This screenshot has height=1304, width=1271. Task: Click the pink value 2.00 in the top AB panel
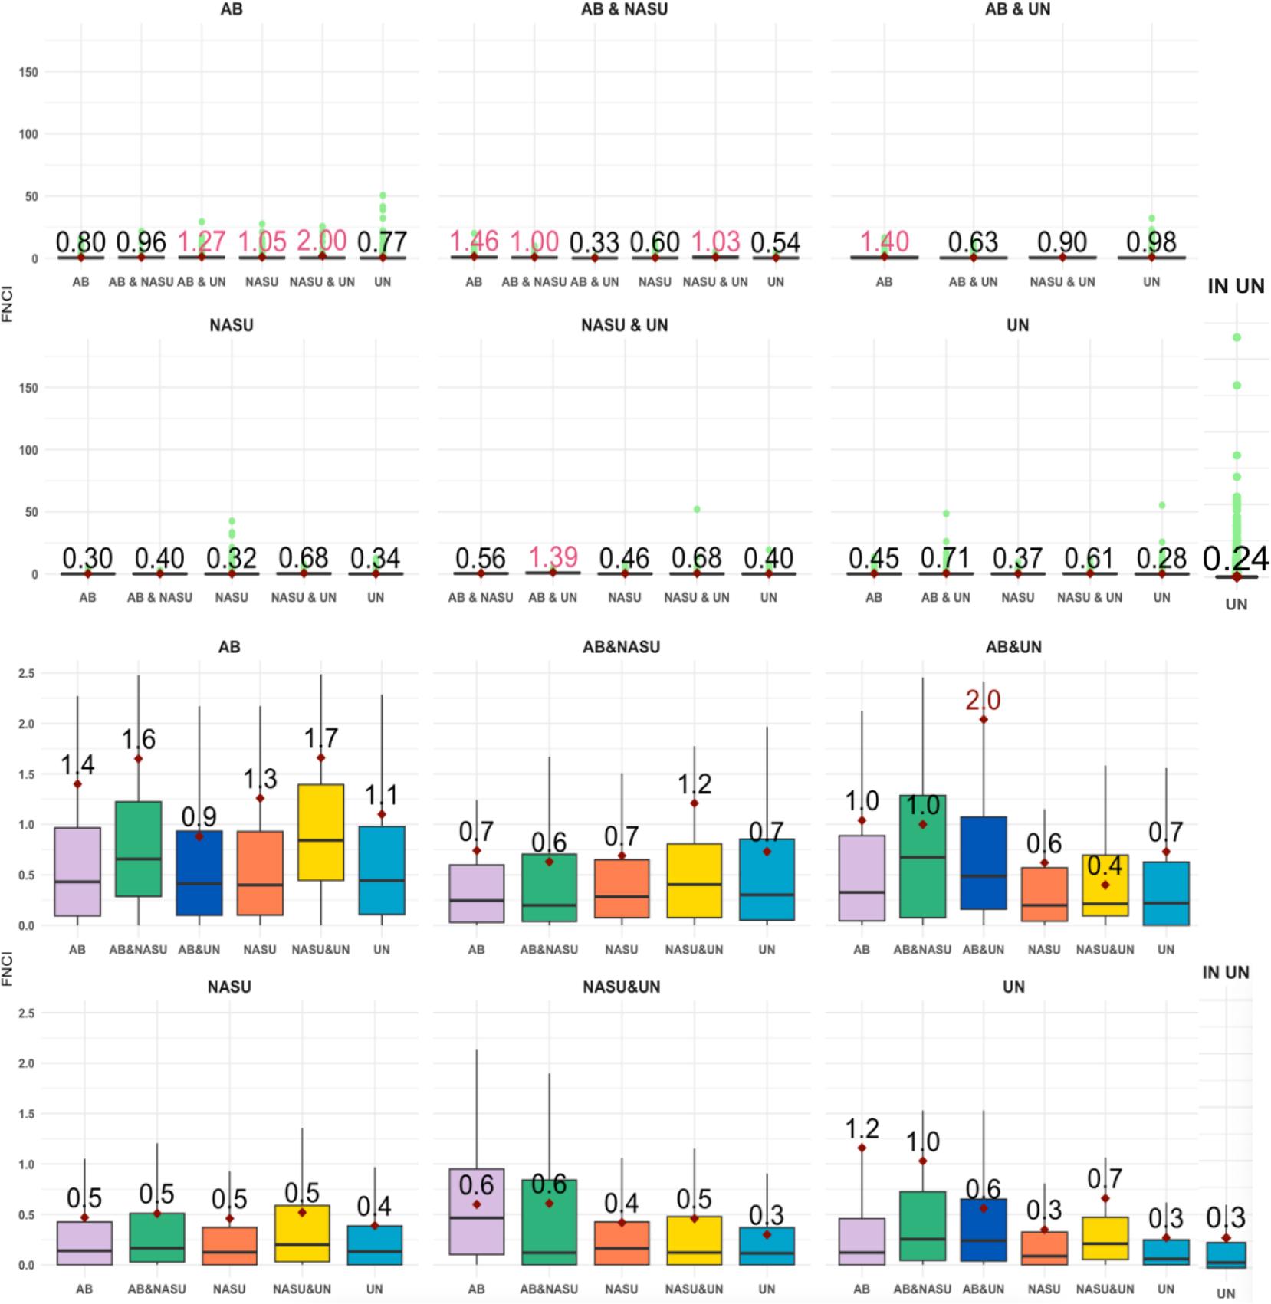[x=322, y=241]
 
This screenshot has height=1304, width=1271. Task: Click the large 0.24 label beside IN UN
[x=1235, y=559]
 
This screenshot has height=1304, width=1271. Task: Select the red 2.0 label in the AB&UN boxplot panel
[x=983, y=700]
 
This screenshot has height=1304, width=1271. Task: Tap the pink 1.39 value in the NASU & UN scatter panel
[x=553, y=557]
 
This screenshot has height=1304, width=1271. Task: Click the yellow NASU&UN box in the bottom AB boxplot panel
[x=320, y=832]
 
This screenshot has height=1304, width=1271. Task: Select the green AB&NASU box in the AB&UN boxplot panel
[x=922, y=856]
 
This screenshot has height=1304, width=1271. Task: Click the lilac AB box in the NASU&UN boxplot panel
[x=476, y=1211]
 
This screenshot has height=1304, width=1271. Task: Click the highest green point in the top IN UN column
[x=1237, y=337]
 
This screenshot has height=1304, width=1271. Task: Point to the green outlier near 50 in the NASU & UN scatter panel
[x=697, y=509]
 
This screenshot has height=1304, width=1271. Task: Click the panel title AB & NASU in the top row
[x=624, y=9]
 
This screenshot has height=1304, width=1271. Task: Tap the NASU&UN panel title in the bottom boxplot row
[x=621, y=987]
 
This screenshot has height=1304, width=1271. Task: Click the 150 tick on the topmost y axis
[x=29, y=72]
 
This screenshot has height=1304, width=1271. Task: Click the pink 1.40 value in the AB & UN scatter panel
[x=884, y=241]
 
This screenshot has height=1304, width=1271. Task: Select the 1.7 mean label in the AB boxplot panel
[x=320, y=738]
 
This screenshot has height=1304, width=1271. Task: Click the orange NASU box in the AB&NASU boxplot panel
[x=621, y=888]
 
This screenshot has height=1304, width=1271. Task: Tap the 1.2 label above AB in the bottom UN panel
[x=862, y=1128]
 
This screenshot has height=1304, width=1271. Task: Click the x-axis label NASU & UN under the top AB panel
[x=322, y=282]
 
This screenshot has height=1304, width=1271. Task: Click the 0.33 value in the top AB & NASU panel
[x=594, y=242]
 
